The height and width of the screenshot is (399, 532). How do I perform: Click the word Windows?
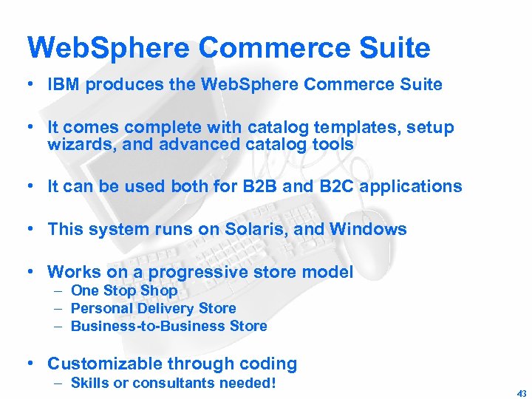tap(367, 229)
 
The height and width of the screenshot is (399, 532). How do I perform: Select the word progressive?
tap(192, 272)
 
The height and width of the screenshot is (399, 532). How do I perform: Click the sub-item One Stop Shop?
tap(124, 290)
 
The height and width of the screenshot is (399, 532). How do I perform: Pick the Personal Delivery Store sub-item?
tap(153, 308)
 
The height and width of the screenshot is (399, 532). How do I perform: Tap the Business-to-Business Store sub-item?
tap(168, 326)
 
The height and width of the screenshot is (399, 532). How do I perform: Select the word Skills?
tap(90, 383)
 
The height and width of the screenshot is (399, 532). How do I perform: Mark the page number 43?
tap(522, 394)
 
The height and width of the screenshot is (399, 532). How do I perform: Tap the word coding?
tap(270, 364)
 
